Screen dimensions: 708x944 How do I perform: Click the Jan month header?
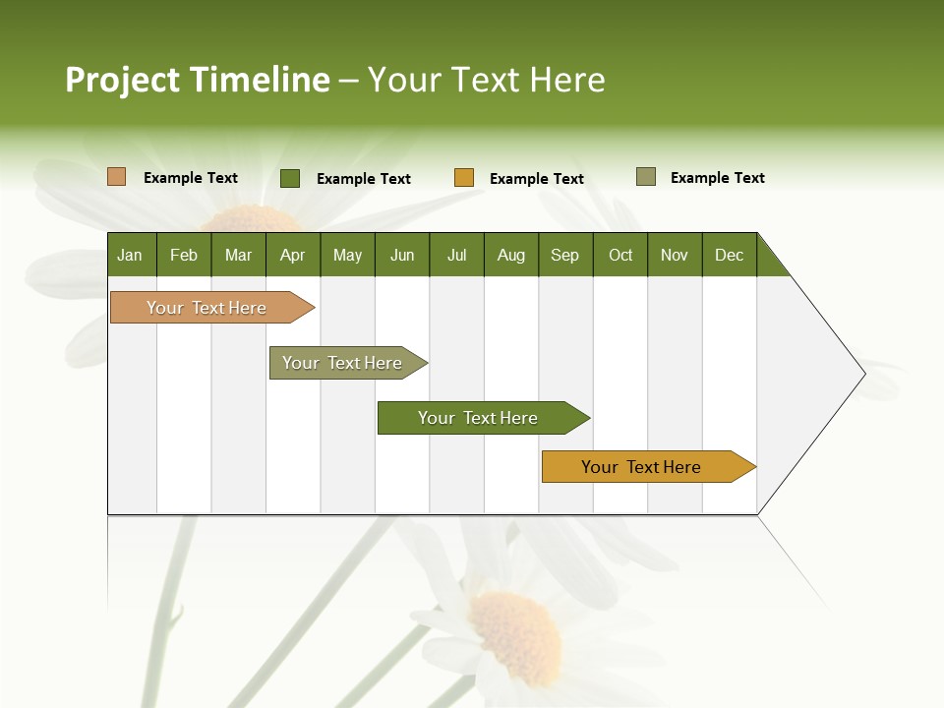tap(130, 255)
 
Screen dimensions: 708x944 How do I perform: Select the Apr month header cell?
tap(292, 255)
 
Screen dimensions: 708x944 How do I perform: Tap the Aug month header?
tap(510, 255)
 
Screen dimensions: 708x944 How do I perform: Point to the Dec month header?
tap(729, 255)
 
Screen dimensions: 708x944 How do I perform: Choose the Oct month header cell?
tap(619, 255)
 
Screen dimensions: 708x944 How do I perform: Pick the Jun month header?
tap(401, 255)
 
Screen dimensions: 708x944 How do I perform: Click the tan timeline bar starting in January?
tap(207, 308)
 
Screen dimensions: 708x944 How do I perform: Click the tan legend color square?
tap(117, 177)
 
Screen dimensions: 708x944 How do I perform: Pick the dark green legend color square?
tap(290, 178)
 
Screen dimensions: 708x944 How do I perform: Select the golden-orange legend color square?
tap(464, 178)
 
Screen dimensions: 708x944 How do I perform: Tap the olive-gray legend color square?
tap(646, 177)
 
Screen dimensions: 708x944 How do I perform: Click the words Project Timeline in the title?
tap(197, 80)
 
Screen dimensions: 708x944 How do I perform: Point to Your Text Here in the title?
tap(486, 80)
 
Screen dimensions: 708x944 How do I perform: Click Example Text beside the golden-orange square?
tap(536, 178)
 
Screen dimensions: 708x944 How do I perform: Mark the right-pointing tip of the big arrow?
tap(862, 373)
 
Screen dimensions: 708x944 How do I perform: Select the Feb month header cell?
tap(184, 255)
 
